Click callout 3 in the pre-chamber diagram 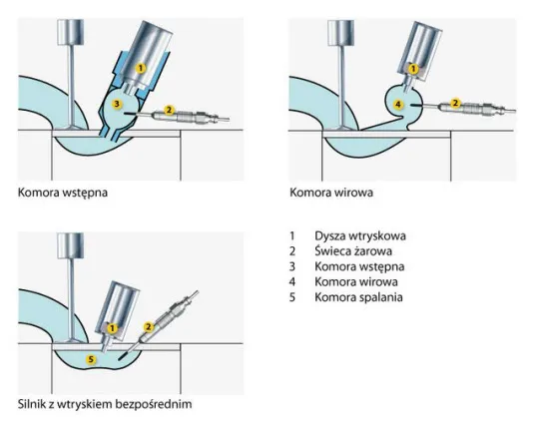[117, 104]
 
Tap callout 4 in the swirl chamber [398, 104]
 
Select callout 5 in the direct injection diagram [91, 359]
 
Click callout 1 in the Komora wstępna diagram [141, 68]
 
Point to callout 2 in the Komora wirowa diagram [455, 103]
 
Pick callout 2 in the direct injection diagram [148, 327]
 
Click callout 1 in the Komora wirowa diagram [413, 69]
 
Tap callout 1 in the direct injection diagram [112, 328]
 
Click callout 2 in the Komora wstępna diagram [169, 110]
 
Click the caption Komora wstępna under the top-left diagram [63, 193]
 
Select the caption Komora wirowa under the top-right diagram [331, 193]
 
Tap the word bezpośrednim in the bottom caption [154, 404]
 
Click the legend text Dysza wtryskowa [360, 235]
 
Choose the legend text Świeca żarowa [353, 251]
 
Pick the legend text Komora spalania [358, 297]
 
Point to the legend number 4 [292, 282]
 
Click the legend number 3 [292, 266]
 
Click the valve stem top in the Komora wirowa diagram [340, 32]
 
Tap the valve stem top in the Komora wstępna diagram [71, 32]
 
